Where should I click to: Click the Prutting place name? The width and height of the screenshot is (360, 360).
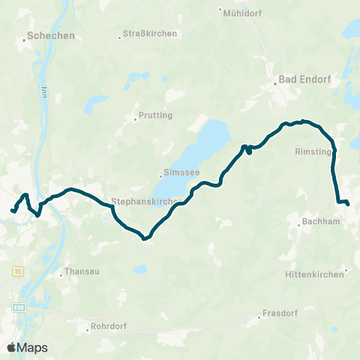click(156, 115)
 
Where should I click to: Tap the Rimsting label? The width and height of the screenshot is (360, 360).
click(310, 150)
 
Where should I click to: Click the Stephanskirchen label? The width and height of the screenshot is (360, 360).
click(144, 202)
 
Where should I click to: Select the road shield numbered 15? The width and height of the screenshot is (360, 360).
click(18, 270)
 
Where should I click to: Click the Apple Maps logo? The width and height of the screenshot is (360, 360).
click(26, 347)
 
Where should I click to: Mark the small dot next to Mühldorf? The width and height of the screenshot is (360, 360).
click(220, 10)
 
